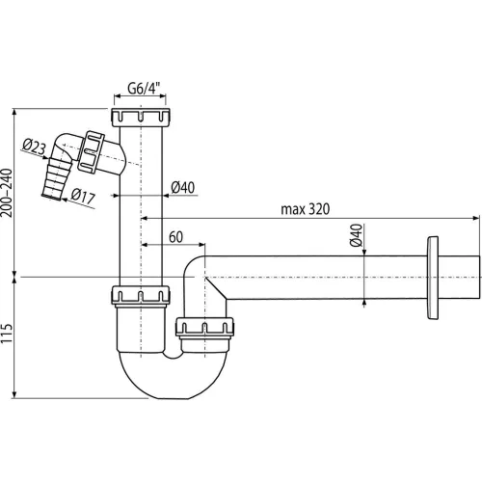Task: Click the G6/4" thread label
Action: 144,88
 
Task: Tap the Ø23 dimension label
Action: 35,147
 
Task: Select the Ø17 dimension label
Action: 83,196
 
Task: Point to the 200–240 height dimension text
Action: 7,193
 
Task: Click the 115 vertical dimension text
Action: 7,334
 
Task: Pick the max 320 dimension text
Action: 306,209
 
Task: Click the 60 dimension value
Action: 175,237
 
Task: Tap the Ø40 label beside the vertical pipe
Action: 183,187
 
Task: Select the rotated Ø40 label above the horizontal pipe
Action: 356,235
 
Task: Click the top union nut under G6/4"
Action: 141,118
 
